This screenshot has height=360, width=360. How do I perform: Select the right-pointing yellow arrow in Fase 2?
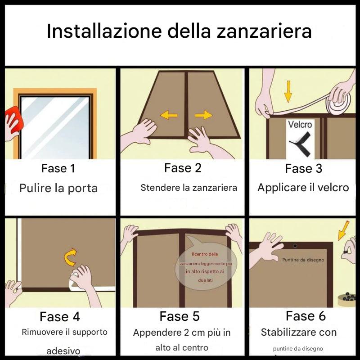(203, 115)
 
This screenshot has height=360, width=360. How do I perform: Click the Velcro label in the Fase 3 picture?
(300, 125)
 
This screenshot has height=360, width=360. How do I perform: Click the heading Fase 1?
(58, 169)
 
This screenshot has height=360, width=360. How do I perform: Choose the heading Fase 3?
(304, 169)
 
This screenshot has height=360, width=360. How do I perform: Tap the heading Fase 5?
(180, 316)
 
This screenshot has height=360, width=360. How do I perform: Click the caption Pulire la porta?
(58, 188)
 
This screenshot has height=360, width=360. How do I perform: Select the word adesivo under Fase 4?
(63, 351)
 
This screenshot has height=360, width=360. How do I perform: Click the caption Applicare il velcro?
(303, 188)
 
